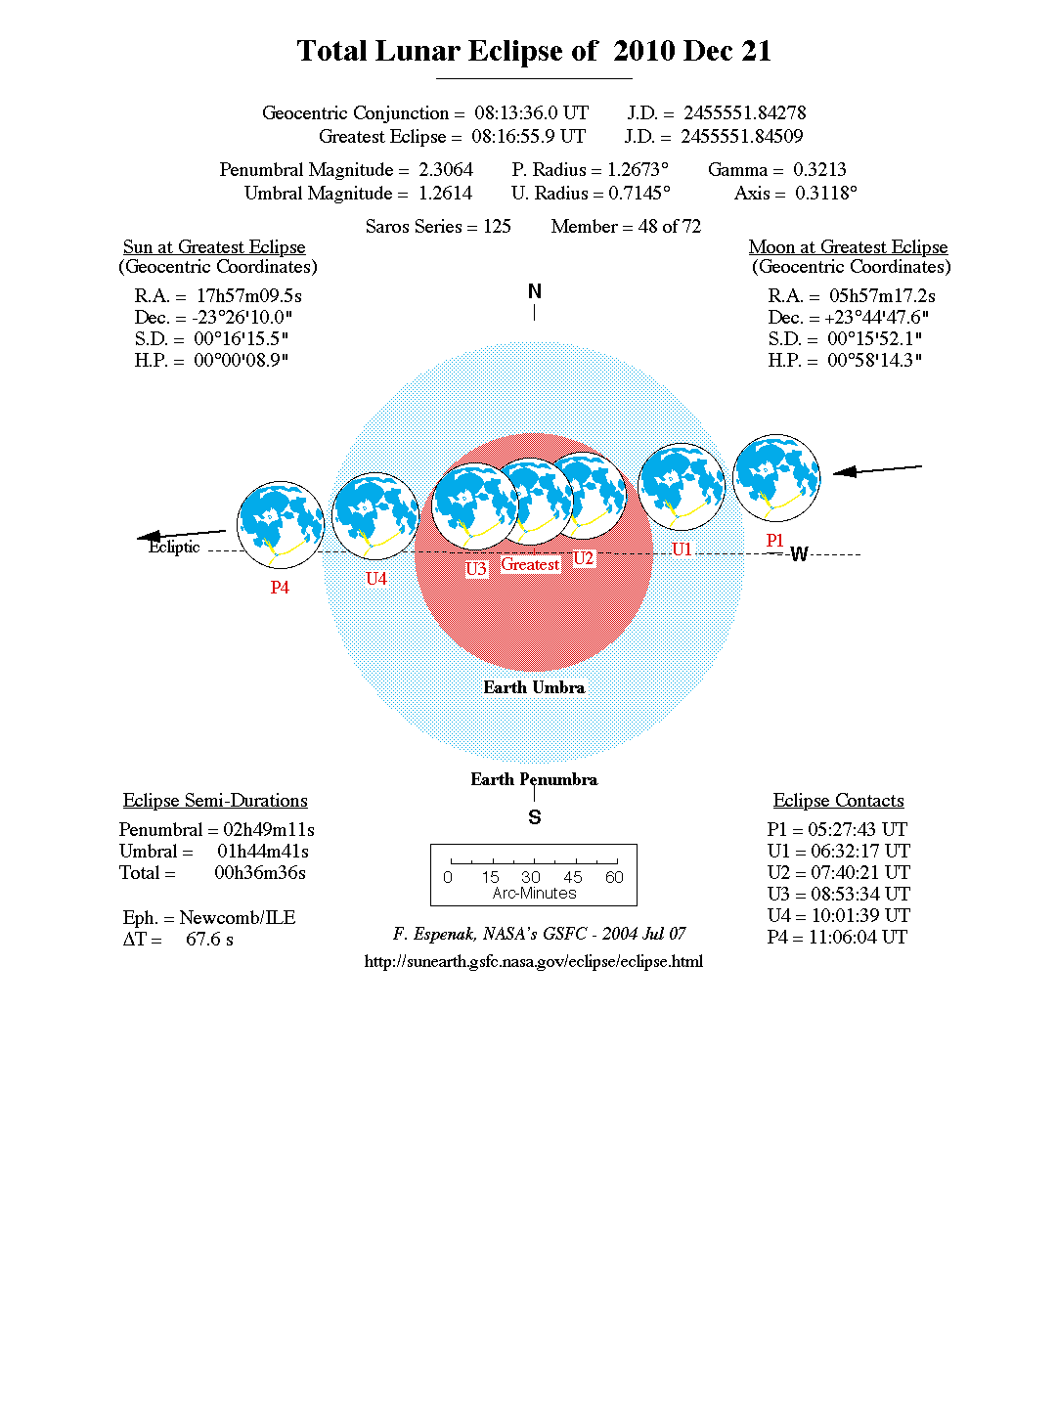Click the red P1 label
774,541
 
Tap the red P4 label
280,588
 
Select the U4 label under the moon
376,579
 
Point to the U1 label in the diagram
682,549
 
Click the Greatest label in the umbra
530,564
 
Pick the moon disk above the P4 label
281,524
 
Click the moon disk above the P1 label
776,478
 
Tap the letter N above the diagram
534,291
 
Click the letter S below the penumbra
534,817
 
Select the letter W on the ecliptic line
799,555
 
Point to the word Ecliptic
174,548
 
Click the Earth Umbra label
534,687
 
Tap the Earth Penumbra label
534,779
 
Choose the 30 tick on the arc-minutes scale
531,877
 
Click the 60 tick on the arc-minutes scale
614,877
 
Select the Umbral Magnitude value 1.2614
445,194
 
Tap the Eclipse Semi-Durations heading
215,801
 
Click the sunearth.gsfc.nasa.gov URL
534,961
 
